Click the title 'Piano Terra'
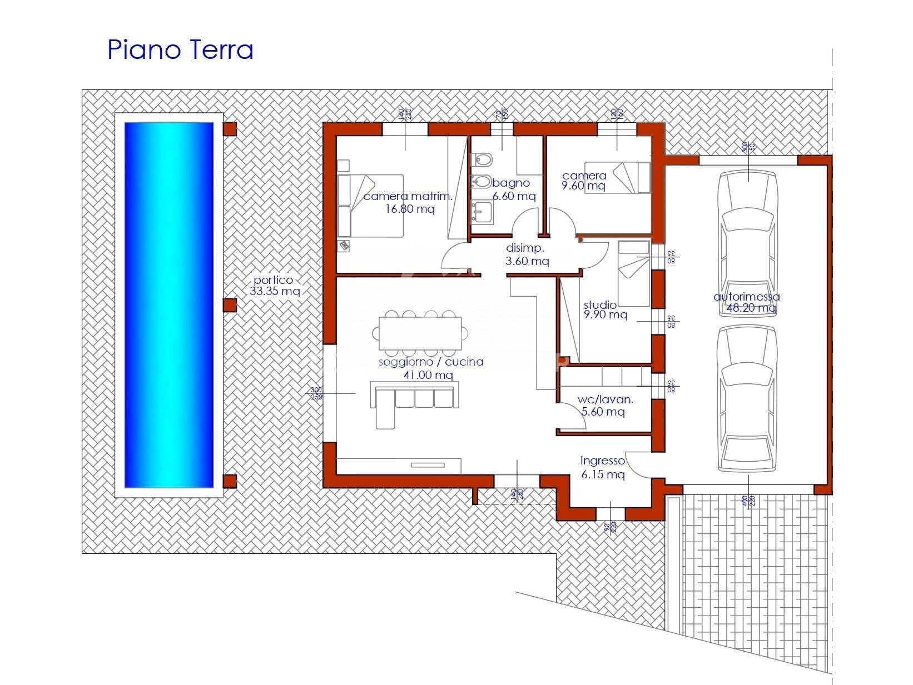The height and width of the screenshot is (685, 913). [180, 49]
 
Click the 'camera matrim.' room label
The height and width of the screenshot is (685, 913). [408, 196]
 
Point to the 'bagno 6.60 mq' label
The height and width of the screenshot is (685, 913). [513, 189]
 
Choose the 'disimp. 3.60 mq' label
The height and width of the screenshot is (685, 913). [527, 254]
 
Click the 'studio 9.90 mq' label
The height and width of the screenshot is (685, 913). [604, 309]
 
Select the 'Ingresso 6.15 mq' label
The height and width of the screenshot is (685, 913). [603, 467]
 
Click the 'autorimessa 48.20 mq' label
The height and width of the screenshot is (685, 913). [747, 302]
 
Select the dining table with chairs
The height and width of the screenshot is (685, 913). [420, 333]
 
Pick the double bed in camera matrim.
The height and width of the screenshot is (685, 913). [370, 206]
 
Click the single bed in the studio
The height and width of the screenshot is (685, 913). [634, 273]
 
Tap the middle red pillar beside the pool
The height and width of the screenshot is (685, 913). [230, 304]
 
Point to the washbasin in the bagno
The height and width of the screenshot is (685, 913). [482, 213]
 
